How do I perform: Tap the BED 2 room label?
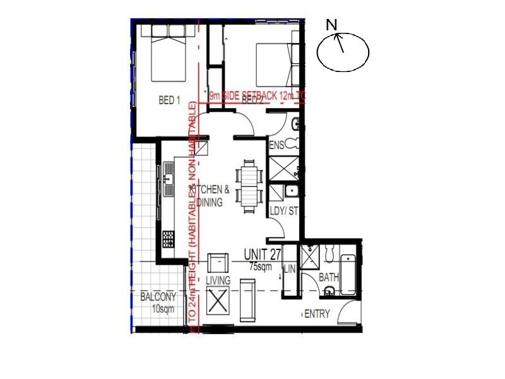coord(252,100)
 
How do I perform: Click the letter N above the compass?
coord(331,25)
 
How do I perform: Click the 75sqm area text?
coord(260,267)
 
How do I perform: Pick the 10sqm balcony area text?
coord(163,309)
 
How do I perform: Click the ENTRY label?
coord(317,314)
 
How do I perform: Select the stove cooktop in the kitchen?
coord(169,239)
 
